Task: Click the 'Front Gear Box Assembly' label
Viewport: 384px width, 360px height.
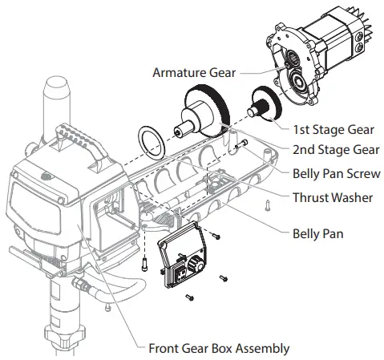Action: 219,348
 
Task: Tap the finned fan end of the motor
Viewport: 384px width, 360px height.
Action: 364,30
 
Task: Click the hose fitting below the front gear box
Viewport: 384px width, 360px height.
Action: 81,285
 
